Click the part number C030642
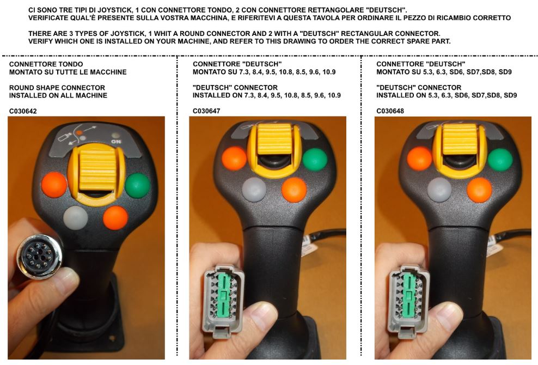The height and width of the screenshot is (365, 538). coord(23,111)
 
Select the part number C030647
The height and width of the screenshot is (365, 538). coord(206,111)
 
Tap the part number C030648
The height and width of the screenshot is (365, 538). coord(390,111)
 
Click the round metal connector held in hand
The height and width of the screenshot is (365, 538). coord(40,256)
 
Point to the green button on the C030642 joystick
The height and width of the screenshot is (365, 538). coord(138,185)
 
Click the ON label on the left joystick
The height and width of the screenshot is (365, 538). coord(116,142)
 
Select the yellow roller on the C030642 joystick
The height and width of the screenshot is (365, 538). coord(97,171)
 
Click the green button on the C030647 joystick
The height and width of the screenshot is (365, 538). coord(315,160)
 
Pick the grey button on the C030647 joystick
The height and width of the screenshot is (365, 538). coord(254,189)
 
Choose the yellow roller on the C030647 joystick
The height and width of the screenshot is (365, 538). coord(275,139)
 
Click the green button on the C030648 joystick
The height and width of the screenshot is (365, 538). coord(500,160)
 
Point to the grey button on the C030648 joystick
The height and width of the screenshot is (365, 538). coord(439,190)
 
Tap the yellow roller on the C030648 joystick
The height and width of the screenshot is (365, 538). coord(460,139)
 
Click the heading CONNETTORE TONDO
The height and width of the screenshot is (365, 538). coord(46,64)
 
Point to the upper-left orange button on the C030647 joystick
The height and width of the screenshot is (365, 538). coord(234,159)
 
